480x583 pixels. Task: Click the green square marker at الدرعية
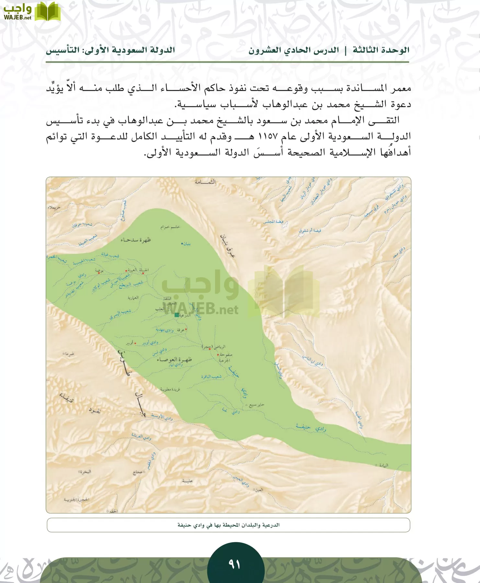[177, 315]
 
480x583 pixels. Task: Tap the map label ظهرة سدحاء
[136, 240]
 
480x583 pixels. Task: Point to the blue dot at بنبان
[182, 243]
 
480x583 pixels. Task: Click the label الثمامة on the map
[205, 182]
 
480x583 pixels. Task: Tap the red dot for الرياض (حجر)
[210, 349]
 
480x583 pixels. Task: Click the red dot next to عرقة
[186, 329]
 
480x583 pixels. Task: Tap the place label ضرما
[69, 354]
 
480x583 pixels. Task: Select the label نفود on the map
[95, 411]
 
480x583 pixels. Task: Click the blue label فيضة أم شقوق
[310, 231]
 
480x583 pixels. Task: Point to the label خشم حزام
[170, 227]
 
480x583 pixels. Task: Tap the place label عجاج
[138, 472]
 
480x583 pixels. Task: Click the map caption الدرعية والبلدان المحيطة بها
[228, 525]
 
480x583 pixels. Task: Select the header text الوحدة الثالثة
[381, 50]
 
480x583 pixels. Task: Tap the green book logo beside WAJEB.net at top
[48, 12]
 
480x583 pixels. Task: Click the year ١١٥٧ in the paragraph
[268, 136]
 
